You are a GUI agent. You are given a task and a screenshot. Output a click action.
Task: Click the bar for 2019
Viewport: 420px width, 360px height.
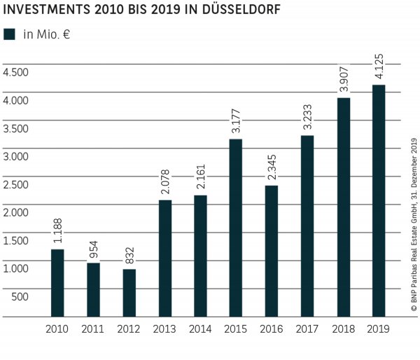click(x=379, y=201)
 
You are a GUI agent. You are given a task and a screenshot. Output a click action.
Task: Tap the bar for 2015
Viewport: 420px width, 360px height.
click(x=236, y=228)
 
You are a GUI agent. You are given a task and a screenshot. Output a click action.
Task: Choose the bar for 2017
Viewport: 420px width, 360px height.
click(x=307, y=226)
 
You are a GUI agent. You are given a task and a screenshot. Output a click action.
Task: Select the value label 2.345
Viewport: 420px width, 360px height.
click(x=272, y=168)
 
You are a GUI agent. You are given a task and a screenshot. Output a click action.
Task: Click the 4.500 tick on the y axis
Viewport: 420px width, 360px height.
click(x=15, y=73)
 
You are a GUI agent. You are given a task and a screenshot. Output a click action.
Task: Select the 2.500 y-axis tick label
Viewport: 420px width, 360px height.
click(x=15, y=184)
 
